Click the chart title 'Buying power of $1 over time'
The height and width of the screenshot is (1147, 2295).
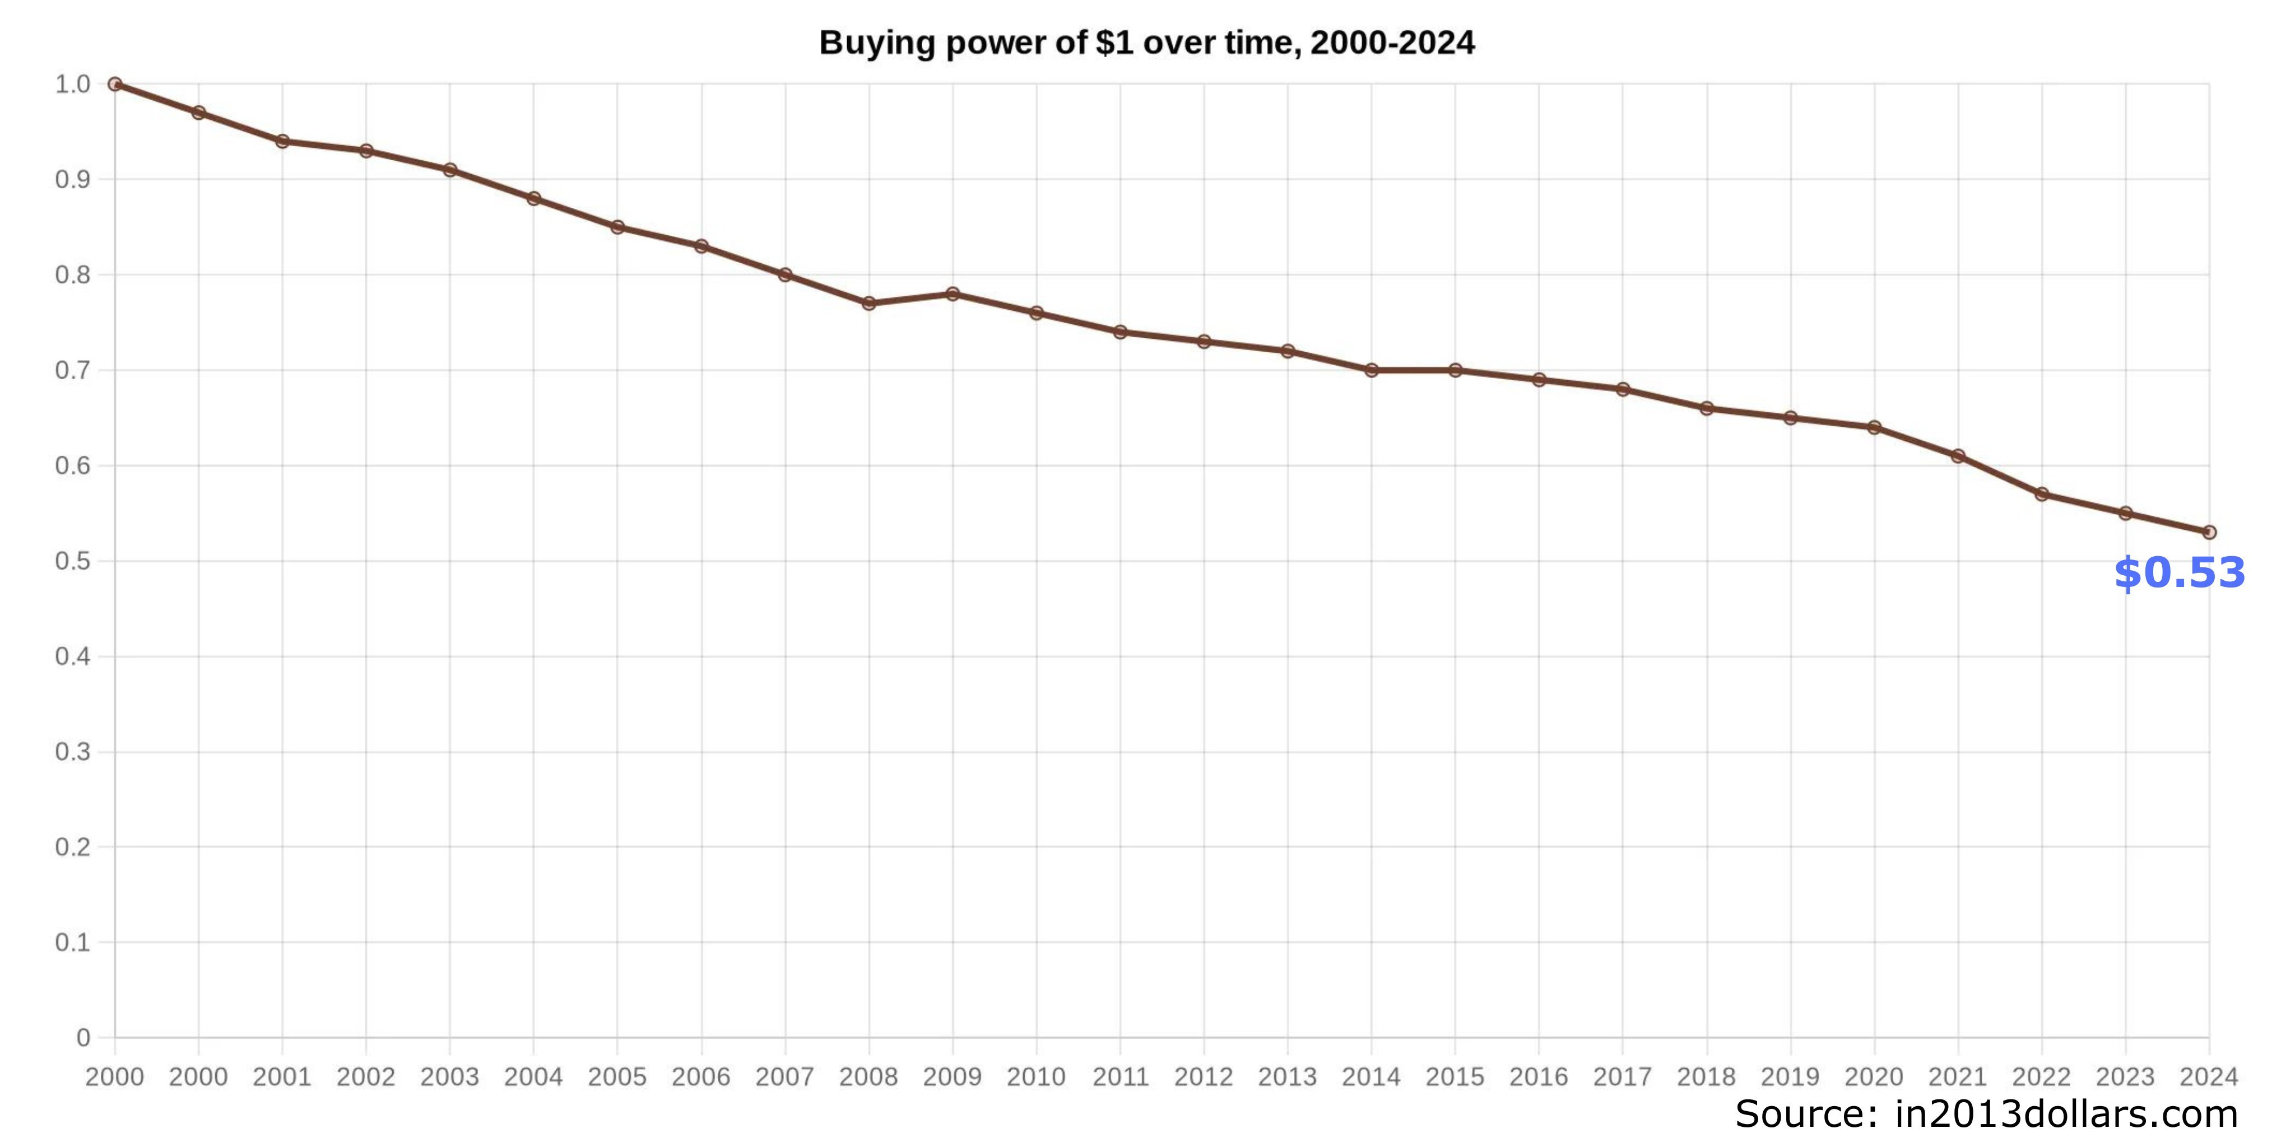1146,43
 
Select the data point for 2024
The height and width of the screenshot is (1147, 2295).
2209,533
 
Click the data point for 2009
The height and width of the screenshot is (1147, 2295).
953,294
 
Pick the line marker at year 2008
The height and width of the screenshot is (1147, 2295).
868,304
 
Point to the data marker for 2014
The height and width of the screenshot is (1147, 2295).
1371,370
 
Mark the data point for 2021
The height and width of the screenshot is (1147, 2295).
1957,456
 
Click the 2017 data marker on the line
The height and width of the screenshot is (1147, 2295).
1623,389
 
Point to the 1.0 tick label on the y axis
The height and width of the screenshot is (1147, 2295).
73,85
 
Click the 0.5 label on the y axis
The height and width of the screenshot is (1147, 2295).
73,561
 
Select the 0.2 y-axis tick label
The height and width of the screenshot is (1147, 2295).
73,847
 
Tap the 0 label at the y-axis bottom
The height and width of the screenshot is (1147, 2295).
83,1037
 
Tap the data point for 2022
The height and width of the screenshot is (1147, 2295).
2041,494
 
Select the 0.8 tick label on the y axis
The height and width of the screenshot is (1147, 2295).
73,275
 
